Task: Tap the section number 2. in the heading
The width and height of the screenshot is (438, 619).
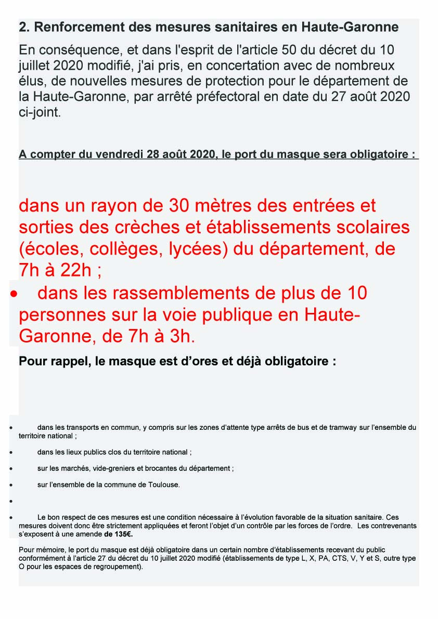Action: tap(24, 27)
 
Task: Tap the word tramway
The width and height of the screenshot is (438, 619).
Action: tap(341, 428)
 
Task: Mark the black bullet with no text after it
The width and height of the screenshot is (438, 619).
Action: tap(10, 502)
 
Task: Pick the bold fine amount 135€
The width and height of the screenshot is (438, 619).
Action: tap(123, 534)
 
